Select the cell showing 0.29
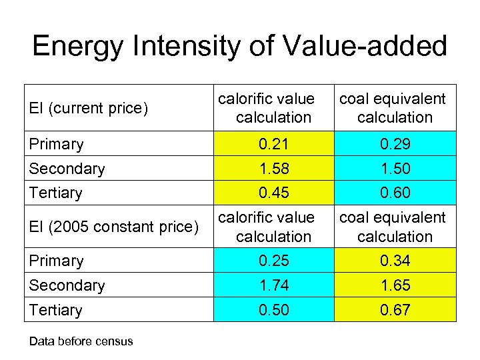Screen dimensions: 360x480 pyautogui.click(x=395, y=144)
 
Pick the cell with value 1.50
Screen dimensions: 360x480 pyautogui.click(x=395, y=169)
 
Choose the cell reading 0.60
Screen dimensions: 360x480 pyautogui.click(x=395, y=193)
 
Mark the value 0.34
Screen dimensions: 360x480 pyautogui.click(x=395, y=261)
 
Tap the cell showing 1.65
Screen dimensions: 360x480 pyautogui.click(x=395, y=285)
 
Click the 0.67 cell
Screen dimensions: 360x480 pyautogui.click(x=395, y=310)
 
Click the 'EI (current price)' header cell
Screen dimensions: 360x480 pyautogui.click(x=88, y=108)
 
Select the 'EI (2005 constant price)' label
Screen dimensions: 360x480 pyautogui.click(x=114, y=227)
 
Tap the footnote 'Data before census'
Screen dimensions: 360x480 pyautogui.click(x=81, y=341)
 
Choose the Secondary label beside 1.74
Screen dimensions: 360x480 pyautogui.click(x=67, y=285)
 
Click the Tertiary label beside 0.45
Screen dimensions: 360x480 pyautogui.click(x=55, y=193)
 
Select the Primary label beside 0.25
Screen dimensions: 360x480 pyautogui.click(x=56, y=261)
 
